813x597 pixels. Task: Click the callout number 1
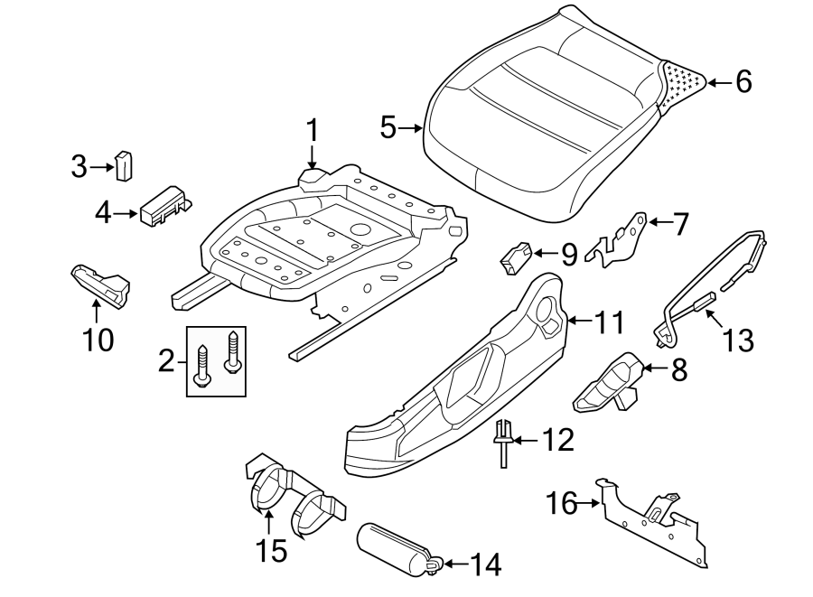click(312, 131)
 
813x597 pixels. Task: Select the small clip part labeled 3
click(123, 165)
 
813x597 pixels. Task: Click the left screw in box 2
click(203, 362)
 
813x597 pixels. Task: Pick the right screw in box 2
click(233, 351)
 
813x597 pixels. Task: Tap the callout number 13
click(738, 340)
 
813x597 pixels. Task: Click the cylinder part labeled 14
click(395, 546)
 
